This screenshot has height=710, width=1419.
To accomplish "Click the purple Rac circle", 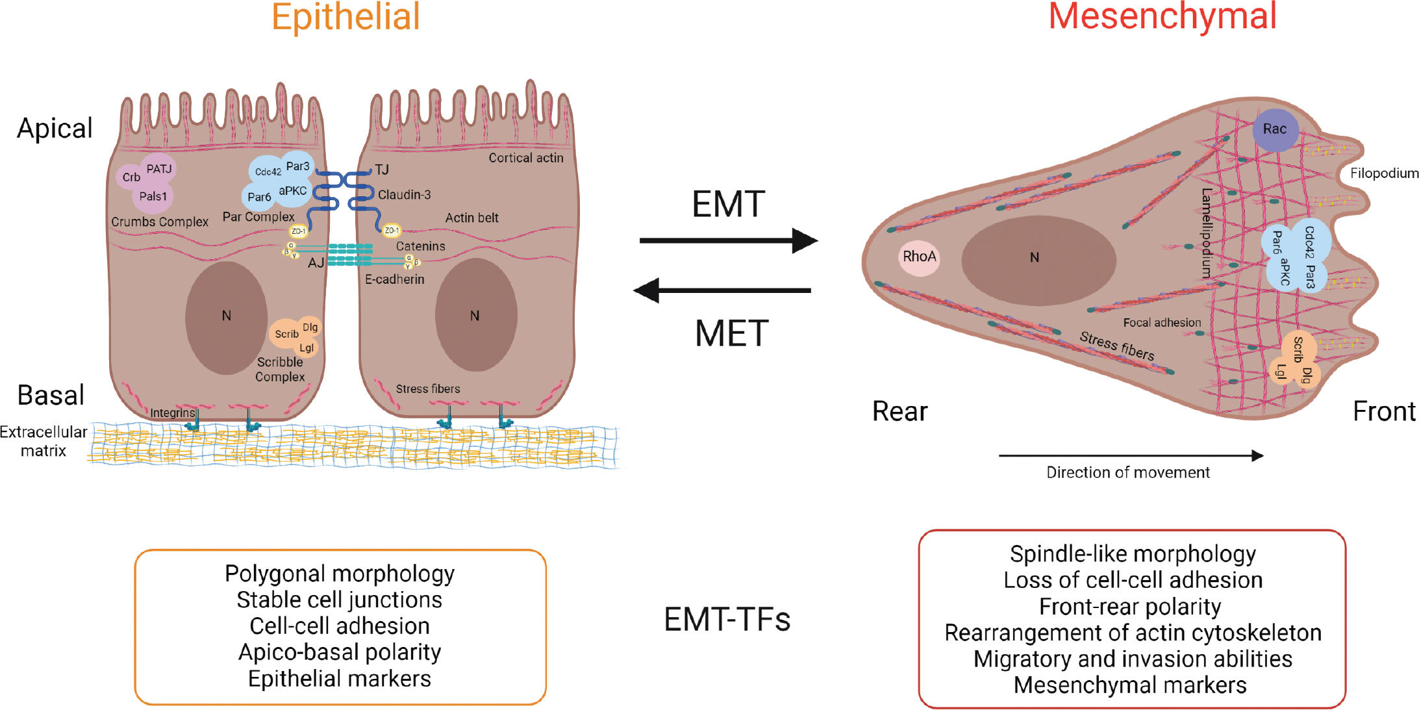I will [1274, 129].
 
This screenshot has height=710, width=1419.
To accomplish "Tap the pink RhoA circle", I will [919, 257].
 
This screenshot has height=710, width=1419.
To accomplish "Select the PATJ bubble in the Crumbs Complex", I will [159, 169].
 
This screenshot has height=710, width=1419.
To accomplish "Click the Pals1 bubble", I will [153, 196].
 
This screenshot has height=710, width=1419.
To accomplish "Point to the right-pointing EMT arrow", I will [727, 240].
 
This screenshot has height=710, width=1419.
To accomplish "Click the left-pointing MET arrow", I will [722, 290].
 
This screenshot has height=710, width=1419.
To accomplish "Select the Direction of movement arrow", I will [1130, 456].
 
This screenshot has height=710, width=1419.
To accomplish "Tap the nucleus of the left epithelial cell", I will [226, 317].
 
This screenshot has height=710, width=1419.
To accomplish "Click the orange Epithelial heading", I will [345, 18].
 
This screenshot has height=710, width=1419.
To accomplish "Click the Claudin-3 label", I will [404, 195].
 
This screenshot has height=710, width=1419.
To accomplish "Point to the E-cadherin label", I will [394, 279].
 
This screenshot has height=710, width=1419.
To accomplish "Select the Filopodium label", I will [1384, 173].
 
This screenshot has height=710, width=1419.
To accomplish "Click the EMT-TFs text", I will [727, 620].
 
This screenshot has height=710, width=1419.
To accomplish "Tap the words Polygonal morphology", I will [340, 574].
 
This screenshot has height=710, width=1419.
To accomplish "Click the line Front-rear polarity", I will [1130, 607].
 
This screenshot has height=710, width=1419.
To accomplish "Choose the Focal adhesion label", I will [1162, 323].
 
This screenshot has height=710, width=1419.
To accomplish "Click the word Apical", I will [55, 129].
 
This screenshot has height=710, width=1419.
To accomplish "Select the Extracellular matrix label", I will [43, 441].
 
